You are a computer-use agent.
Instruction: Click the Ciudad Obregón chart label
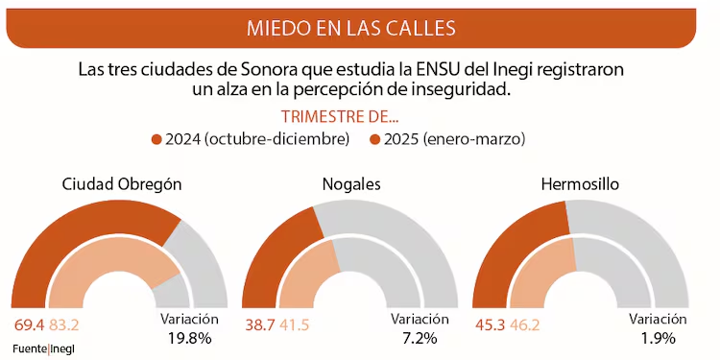click(x=122, y=183)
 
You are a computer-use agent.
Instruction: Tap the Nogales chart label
click(x=352, y=183)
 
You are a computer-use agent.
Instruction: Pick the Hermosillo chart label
click(x=580, y=183)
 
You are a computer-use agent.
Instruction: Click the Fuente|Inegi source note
click(x=43, y=347)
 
